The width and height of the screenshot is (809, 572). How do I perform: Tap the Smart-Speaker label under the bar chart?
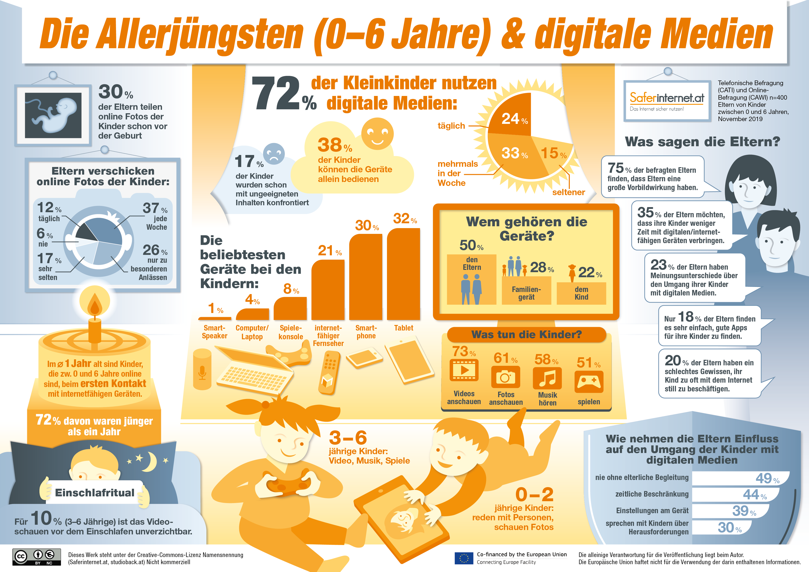point(214,332)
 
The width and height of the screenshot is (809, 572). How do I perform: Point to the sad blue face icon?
point(274,154)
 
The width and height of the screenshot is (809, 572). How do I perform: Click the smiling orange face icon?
point(377,134)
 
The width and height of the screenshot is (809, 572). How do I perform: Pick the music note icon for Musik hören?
point(547,378)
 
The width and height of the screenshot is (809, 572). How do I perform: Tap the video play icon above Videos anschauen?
point(464,370)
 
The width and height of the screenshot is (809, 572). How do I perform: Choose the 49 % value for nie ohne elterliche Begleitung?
point(767,478)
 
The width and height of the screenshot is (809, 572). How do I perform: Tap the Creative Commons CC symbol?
point(21,557)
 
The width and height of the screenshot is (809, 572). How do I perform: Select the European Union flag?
point(464,558)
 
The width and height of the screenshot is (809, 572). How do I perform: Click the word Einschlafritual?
point(94,492)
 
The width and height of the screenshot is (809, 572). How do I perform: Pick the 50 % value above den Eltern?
point(471,245)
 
